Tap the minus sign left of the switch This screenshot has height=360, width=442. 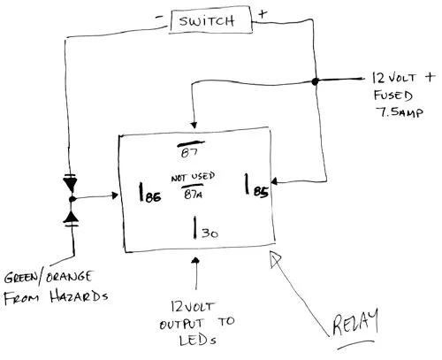[157, 15]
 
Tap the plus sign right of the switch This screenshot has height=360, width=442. [263, 15]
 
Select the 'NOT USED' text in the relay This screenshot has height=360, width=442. [194, 175]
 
